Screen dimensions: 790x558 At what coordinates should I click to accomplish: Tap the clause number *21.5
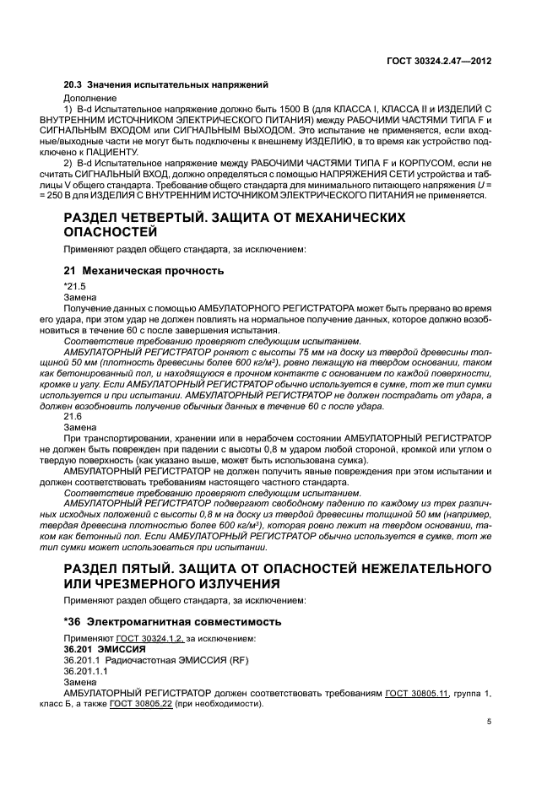[75, 287]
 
